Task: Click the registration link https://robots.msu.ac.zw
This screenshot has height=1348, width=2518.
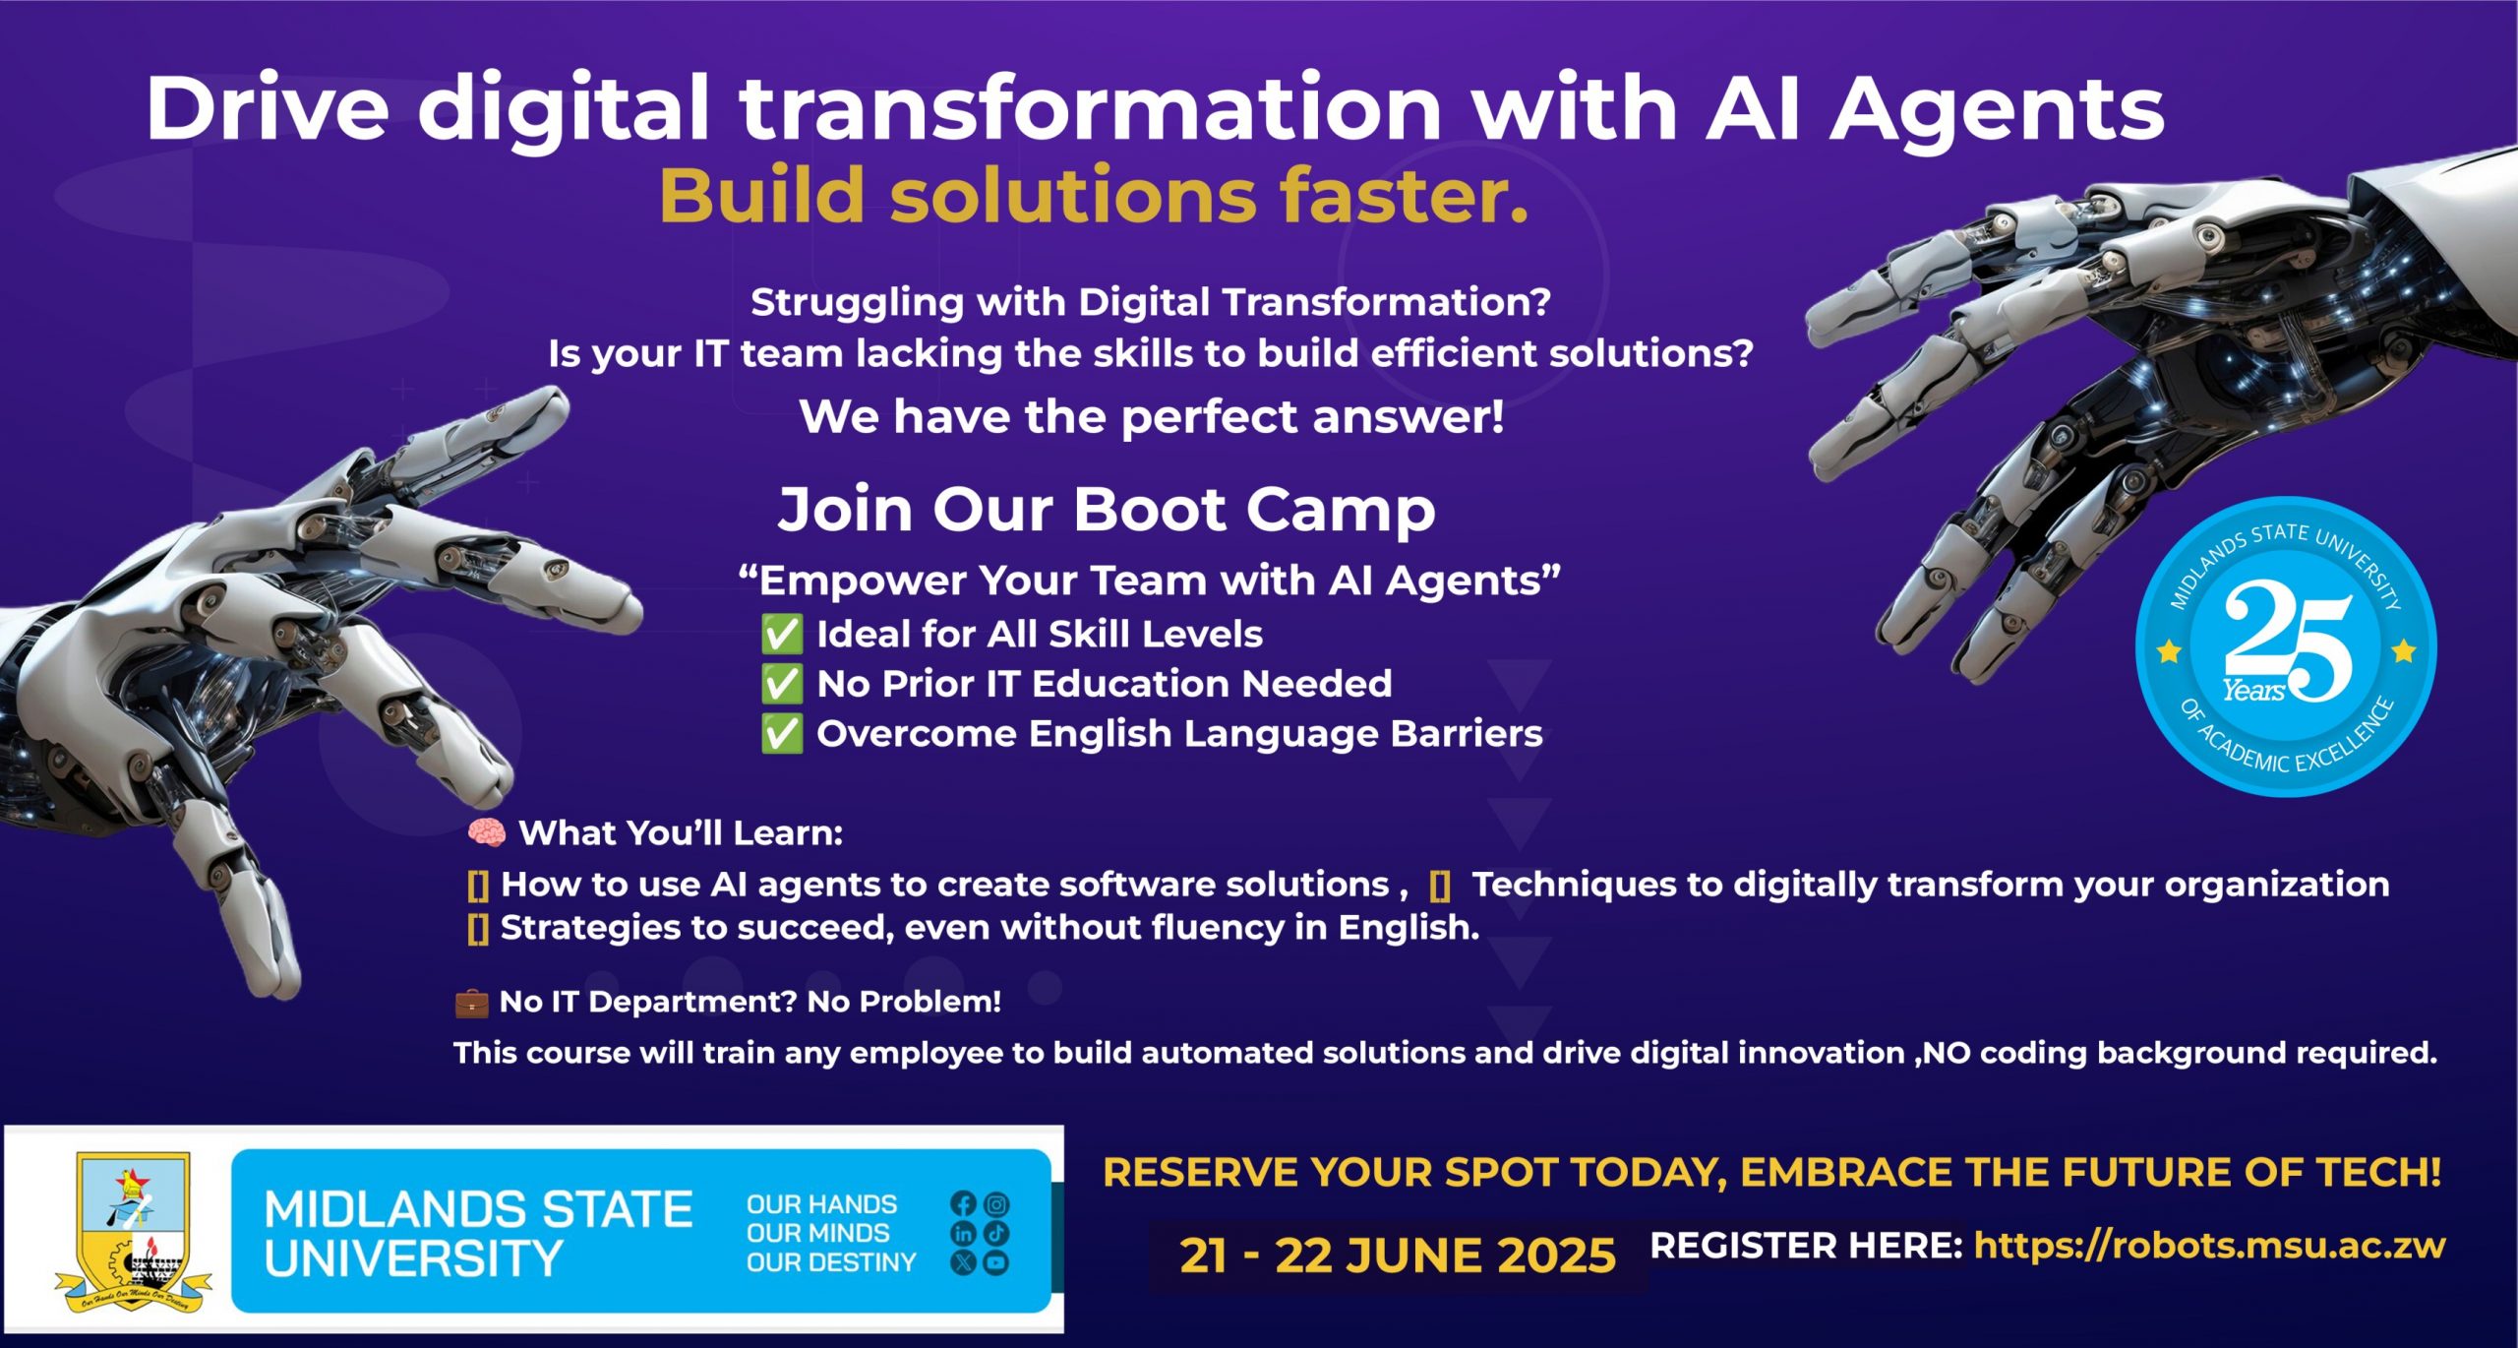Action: tap(2209, 1246)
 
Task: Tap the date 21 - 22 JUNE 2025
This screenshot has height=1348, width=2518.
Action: tap(1397, 1256)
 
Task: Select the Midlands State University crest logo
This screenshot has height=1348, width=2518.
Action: tap(134, 1232)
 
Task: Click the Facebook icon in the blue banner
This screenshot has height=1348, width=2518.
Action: tap(963, 1203)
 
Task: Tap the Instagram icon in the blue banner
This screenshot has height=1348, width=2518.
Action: tap(996, 1203)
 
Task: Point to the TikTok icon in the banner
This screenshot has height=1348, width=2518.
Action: tap(996, 1232)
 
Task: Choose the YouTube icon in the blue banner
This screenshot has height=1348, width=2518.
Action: tap(996, 1261)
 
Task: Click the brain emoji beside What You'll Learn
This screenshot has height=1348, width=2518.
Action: tap(486, 833)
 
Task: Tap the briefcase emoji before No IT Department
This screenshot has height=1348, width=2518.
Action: tap(471, 1003)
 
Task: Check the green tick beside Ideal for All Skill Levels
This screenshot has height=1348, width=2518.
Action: tap(782, 635)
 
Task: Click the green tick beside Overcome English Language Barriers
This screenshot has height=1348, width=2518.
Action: tap(782, 734)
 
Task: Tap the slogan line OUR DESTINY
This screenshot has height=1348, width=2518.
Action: tap(831, 1261)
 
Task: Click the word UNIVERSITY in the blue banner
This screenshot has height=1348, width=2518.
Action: tap(413, 1258)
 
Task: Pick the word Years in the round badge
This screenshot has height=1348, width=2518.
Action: tap(2252, 691)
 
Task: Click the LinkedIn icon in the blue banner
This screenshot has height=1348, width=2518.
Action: tap(963, 1232)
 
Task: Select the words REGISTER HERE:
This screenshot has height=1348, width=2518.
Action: tap(1806, 1246)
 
